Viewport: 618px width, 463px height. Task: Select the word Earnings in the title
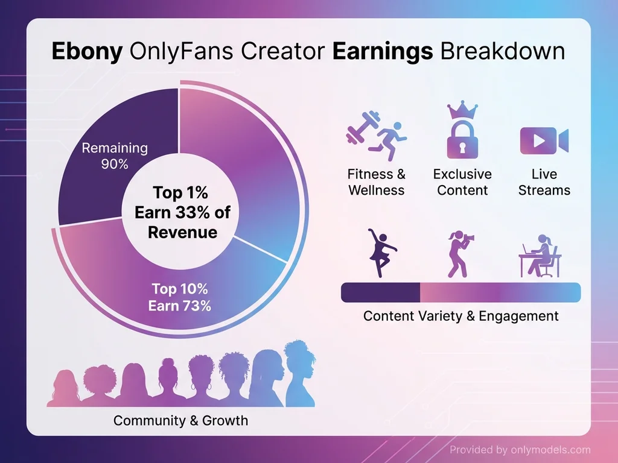click(383, 51)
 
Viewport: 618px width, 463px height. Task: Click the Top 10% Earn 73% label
click(180, 297)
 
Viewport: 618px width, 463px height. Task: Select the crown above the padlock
click(462, 111)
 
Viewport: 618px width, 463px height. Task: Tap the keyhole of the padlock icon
click(462, 146)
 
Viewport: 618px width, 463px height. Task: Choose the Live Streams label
click(544, 182)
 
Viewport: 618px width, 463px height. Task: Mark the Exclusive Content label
click(462, 182)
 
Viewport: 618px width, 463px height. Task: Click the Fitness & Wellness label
click(376, 182)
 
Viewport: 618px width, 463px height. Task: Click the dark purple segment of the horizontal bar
click(380, 292)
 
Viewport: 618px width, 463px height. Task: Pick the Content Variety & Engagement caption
click(460, 316)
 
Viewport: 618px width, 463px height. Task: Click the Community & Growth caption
click(180, 420)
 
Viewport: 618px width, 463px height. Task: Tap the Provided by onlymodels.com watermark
click(520, 450)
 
